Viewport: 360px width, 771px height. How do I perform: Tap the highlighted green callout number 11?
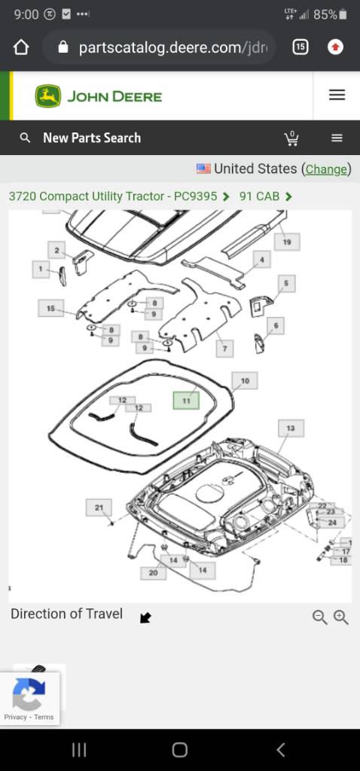[186, 401]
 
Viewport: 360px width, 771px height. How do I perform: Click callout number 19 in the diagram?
[287, 242]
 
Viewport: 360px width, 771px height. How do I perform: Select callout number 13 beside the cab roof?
[291, 428]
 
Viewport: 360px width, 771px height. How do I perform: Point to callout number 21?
[99, 507]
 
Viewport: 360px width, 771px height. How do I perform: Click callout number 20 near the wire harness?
[154, 573]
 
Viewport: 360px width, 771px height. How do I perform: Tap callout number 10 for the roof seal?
[245, 380]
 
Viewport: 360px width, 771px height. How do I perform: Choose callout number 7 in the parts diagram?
[224, 349]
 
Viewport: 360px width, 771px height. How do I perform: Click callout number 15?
[50, 308]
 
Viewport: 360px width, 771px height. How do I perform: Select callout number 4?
[262, 260]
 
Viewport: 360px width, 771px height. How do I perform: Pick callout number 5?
[286, 284]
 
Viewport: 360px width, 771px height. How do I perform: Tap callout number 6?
[276, 325]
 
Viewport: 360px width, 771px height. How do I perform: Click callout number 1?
[41, 269]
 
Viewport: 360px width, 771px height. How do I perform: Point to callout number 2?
[56, 250]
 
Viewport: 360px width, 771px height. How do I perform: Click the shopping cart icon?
[291, 139]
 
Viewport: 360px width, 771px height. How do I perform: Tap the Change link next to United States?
[326, 169]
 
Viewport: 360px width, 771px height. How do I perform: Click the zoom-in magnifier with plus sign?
[341, 617]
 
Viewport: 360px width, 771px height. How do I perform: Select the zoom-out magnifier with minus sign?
[319, 617]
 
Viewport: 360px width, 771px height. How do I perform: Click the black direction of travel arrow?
[145, 617]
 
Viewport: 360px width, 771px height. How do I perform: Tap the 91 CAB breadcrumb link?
[259, 197]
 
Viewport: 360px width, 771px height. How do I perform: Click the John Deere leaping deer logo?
[48, 96]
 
